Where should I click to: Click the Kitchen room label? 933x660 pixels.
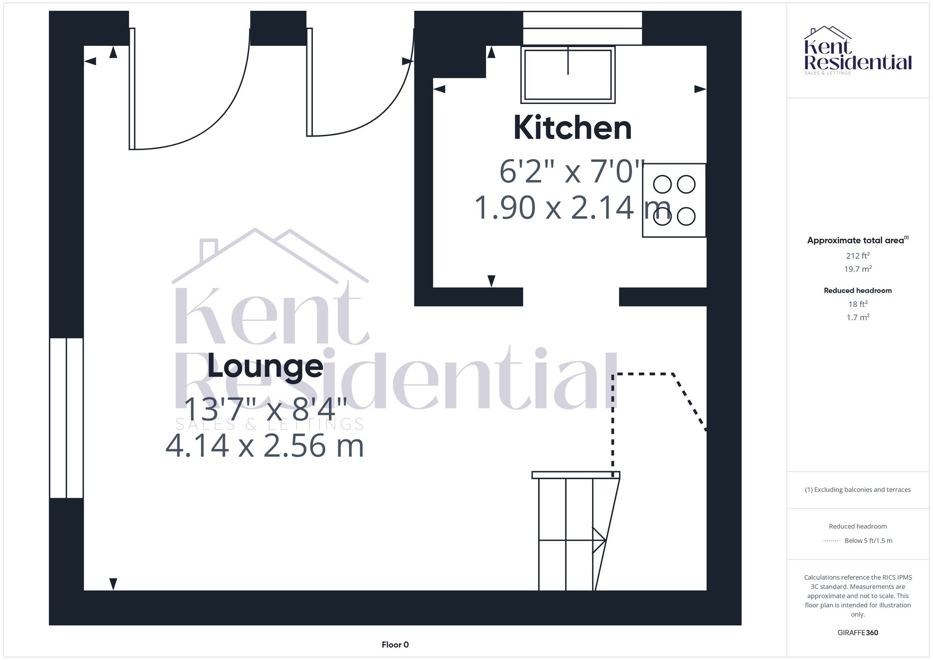point(572,128)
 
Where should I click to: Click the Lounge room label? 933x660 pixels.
point(265,367)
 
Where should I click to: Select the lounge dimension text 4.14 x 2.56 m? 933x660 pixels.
point(265,446)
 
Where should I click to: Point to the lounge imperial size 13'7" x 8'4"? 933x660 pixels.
point(265,410)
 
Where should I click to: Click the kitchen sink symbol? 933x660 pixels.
point(568,75)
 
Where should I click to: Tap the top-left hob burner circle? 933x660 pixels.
point(662,184)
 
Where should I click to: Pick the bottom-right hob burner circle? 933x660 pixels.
point(686,216)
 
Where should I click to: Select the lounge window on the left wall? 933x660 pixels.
point(66,418)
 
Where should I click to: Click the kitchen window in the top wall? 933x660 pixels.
point(582,28)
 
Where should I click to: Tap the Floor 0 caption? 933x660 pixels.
point(395,645)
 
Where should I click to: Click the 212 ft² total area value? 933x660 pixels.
point(857,256)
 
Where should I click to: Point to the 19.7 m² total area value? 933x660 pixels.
point(857,269)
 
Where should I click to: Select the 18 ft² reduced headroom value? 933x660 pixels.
point(857,304)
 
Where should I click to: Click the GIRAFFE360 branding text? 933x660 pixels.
point(857,632)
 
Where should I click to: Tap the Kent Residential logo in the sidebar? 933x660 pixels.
point(857,50)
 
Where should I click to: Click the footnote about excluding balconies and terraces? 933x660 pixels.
point(857,490)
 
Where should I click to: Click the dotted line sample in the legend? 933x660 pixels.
point(831,541)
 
